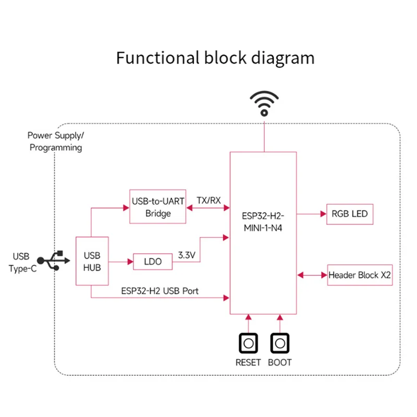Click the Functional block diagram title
click(x=215, y=57)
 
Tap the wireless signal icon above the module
click(x=264, y=103)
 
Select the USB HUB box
click(x=92, y=261)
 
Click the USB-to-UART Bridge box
click(x=157, y=207)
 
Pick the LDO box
click(x=153, y=261)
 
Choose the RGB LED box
click(x=350, y=214)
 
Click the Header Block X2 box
click(x=360, y=275)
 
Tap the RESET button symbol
click(x=249, y=344)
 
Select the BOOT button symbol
click(x=280, y=344)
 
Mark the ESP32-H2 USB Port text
click(x=160, y=291)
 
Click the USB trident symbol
click(x=55, y=261)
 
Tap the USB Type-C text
click(x=21, y=262)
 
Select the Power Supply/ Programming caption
click(x=56, y=141)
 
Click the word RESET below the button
click(x=248, y=362)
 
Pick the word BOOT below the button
click(x=280, y=362)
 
